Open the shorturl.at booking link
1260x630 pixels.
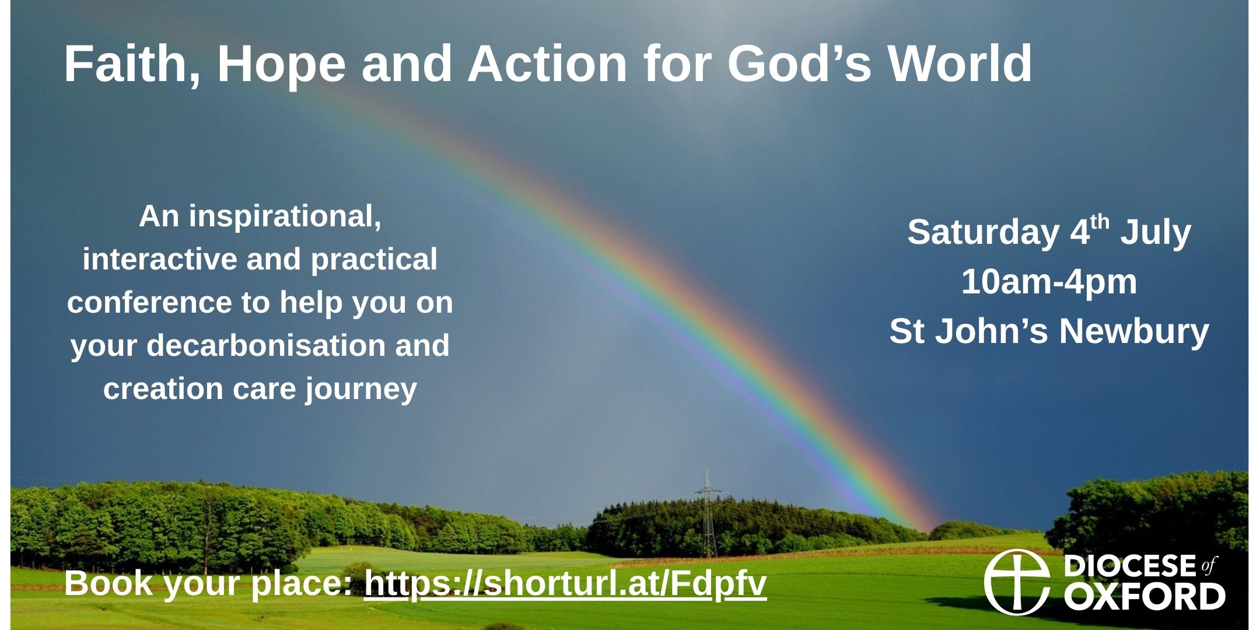565,584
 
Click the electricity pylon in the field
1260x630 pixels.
708,513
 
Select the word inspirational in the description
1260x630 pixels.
284,218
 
